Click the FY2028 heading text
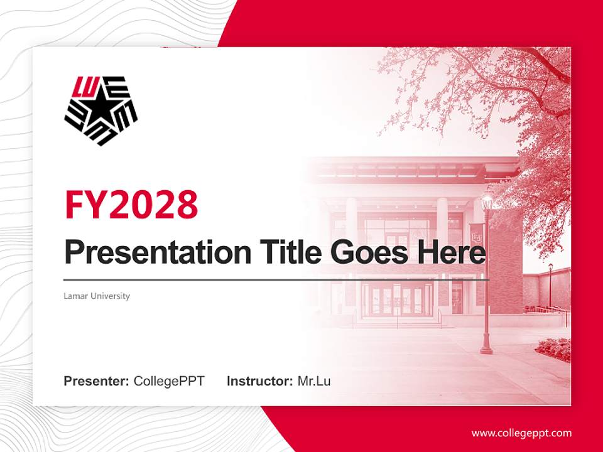click(131, 204)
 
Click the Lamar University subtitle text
click(97, 296)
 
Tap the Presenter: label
click(97, 381)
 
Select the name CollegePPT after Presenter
click(169, 381)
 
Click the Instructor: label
click(259, 381)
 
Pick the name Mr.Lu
click(314, 381)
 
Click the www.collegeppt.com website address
click(521, 433)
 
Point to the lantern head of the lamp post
click(486, 202)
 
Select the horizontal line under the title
click(276, 280)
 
